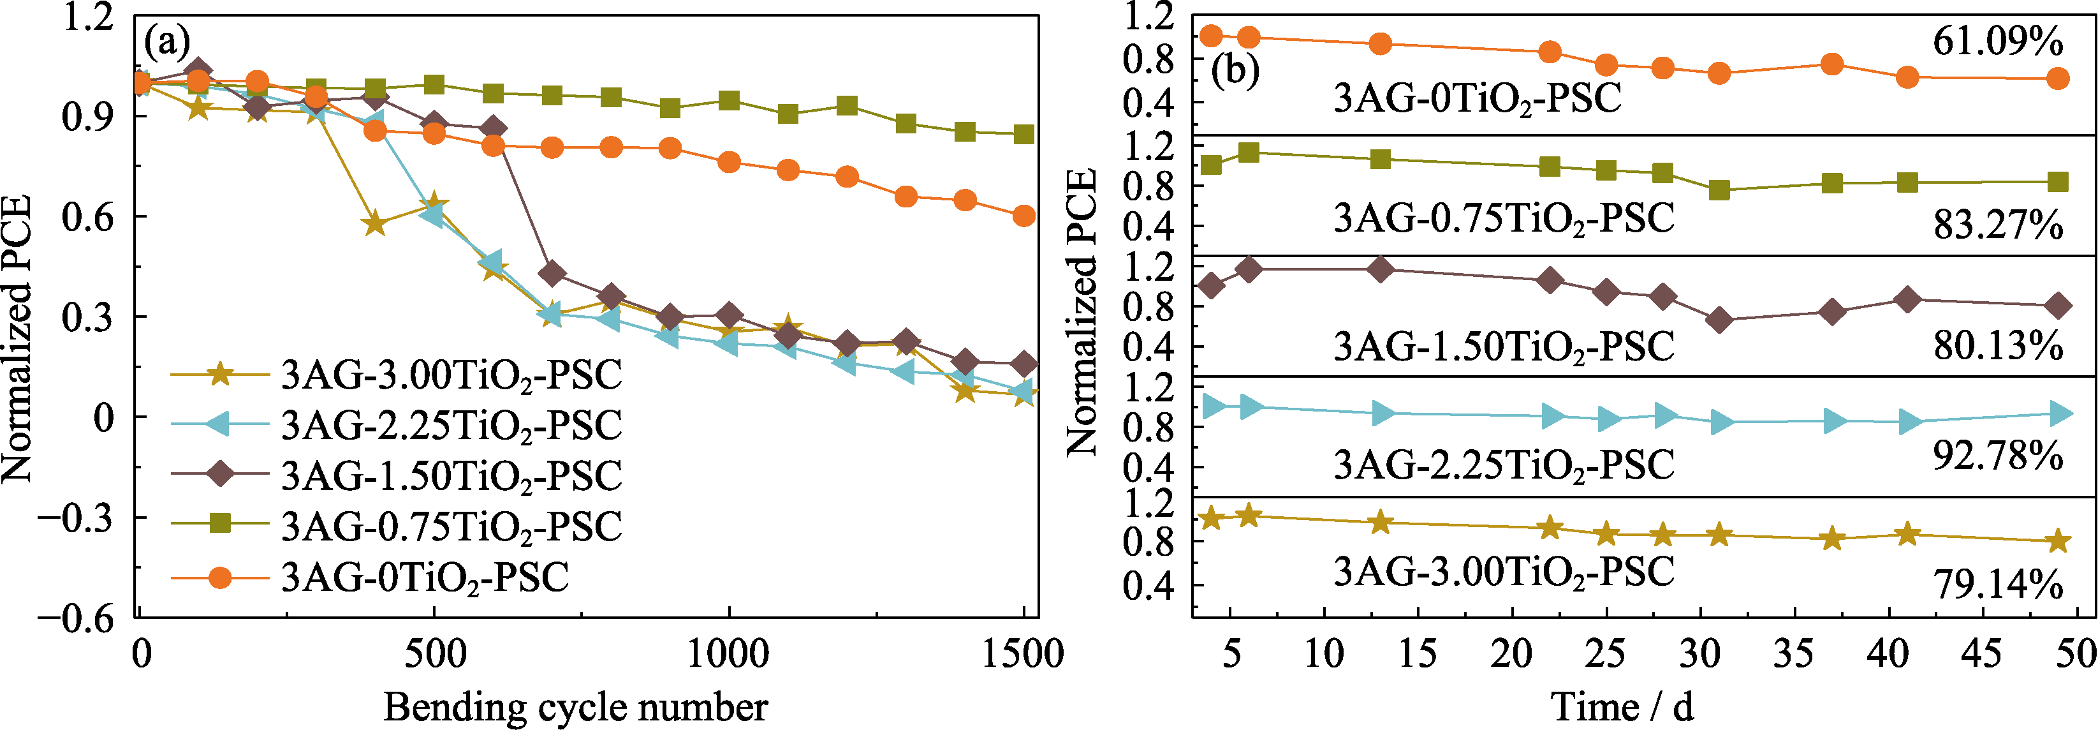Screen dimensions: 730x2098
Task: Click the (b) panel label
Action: point(1235,71)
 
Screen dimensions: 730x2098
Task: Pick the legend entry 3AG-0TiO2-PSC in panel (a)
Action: point(424,577)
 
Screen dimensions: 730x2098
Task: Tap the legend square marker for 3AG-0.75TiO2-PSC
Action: point(220,526)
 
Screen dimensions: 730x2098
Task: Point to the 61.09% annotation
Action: point(1998,41)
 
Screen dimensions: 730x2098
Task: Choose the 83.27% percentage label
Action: point(1998,224)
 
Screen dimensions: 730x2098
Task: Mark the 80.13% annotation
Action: point(1998,346)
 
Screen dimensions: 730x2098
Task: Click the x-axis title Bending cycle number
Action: point(576,706)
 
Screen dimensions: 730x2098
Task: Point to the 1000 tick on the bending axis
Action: point(728,654)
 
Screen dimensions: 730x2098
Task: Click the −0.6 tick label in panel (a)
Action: point(75,618)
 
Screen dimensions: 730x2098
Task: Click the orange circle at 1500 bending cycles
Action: point(1023,216)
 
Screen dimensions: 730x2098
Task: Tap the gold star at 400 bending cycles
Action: point(375,223)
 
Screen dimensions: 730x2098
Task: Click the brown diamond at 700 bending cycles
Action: point(552,274)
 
